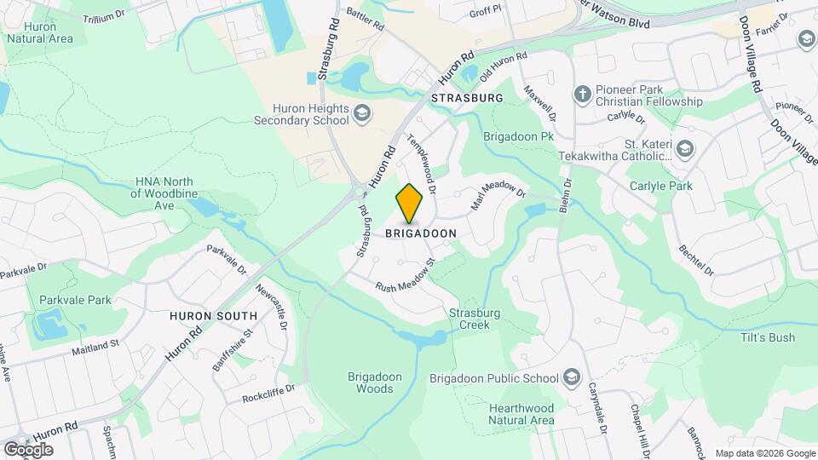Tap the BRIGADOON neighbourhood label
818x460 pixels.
click(x=421, y=233)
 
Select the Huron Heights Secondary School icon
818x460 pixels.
click(x=362, y=114)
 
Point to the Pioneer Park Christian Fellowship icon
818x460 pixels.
click(x=583, y=94)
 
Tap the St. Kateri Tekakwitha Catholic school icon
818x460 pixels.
click(x=686, y=148)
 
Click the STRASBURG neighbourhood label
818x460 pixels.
click(x=468, y=98)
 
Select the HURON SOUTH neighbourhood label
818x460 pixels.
click(x=208, y=314)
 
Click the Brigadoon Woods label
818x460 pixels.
click(x=371, y=382)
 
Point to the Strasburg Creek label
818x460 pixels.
click(x=475, y=319)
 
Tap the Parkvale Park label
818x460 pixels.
click(x=75, y=300)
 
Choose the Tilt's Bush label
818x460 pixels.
click(x=769, y=337)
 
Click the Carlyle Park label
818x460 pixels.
click(x=660, y=186)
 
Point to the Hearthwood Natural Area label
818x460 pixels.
click(x=522, y=413)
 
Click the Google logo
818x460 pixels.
click(x=28, y=449)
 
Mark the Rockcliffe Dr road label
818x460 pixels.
click(x=268, y=393)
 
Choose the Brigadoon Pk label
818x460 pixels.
click(x=519, y=135)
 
